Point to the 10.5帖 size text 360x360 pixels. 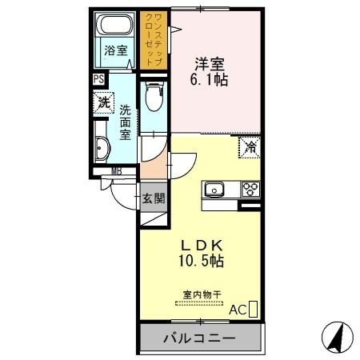click(x=201, y=261)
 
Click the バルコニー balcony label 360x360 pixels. click(x=201, y=339)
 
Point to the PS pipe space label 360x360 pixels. click(x=98, y=79)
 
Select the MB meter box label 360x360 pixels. click(x=116, y=170)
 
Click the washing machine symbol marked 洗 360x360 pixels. click(x=103, y=102)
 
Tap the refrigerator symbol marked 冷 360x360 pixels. click(x=250, y=146)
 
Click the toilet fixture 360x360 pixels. click(x=154, y=100)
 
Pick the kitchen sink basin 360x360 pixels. click(x=214, y=190)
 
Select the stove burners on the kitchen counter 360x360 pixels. click(x=250, y=190)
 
